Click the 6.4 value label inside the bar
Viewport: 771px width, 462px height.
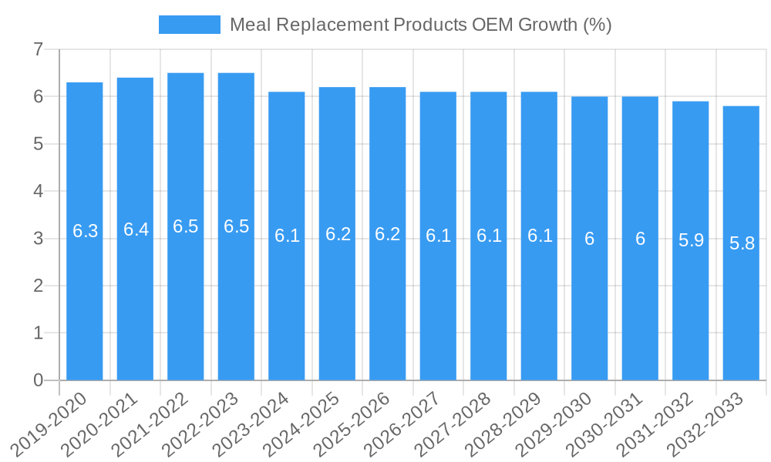(x=136, y=229)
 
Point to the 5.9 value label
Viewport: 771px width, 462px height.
(x=691, y=240)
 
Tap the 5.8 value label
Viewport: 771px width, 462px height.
(x=742, y=244)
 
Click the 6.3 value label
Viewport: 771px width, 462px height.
(x=85, y=231)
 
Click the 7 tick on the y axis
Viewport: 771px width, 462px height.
(x=38, y=50)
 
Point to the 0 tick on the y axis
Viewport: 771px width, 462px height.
(x=38, y=380)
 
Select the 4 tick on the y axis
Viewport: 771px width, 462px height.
(x=38, y=192)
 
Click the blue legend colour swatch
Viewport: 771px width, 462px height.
(x=189, y=25)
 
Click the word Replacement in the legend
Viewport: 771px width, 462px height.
(x=332, y=25)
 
